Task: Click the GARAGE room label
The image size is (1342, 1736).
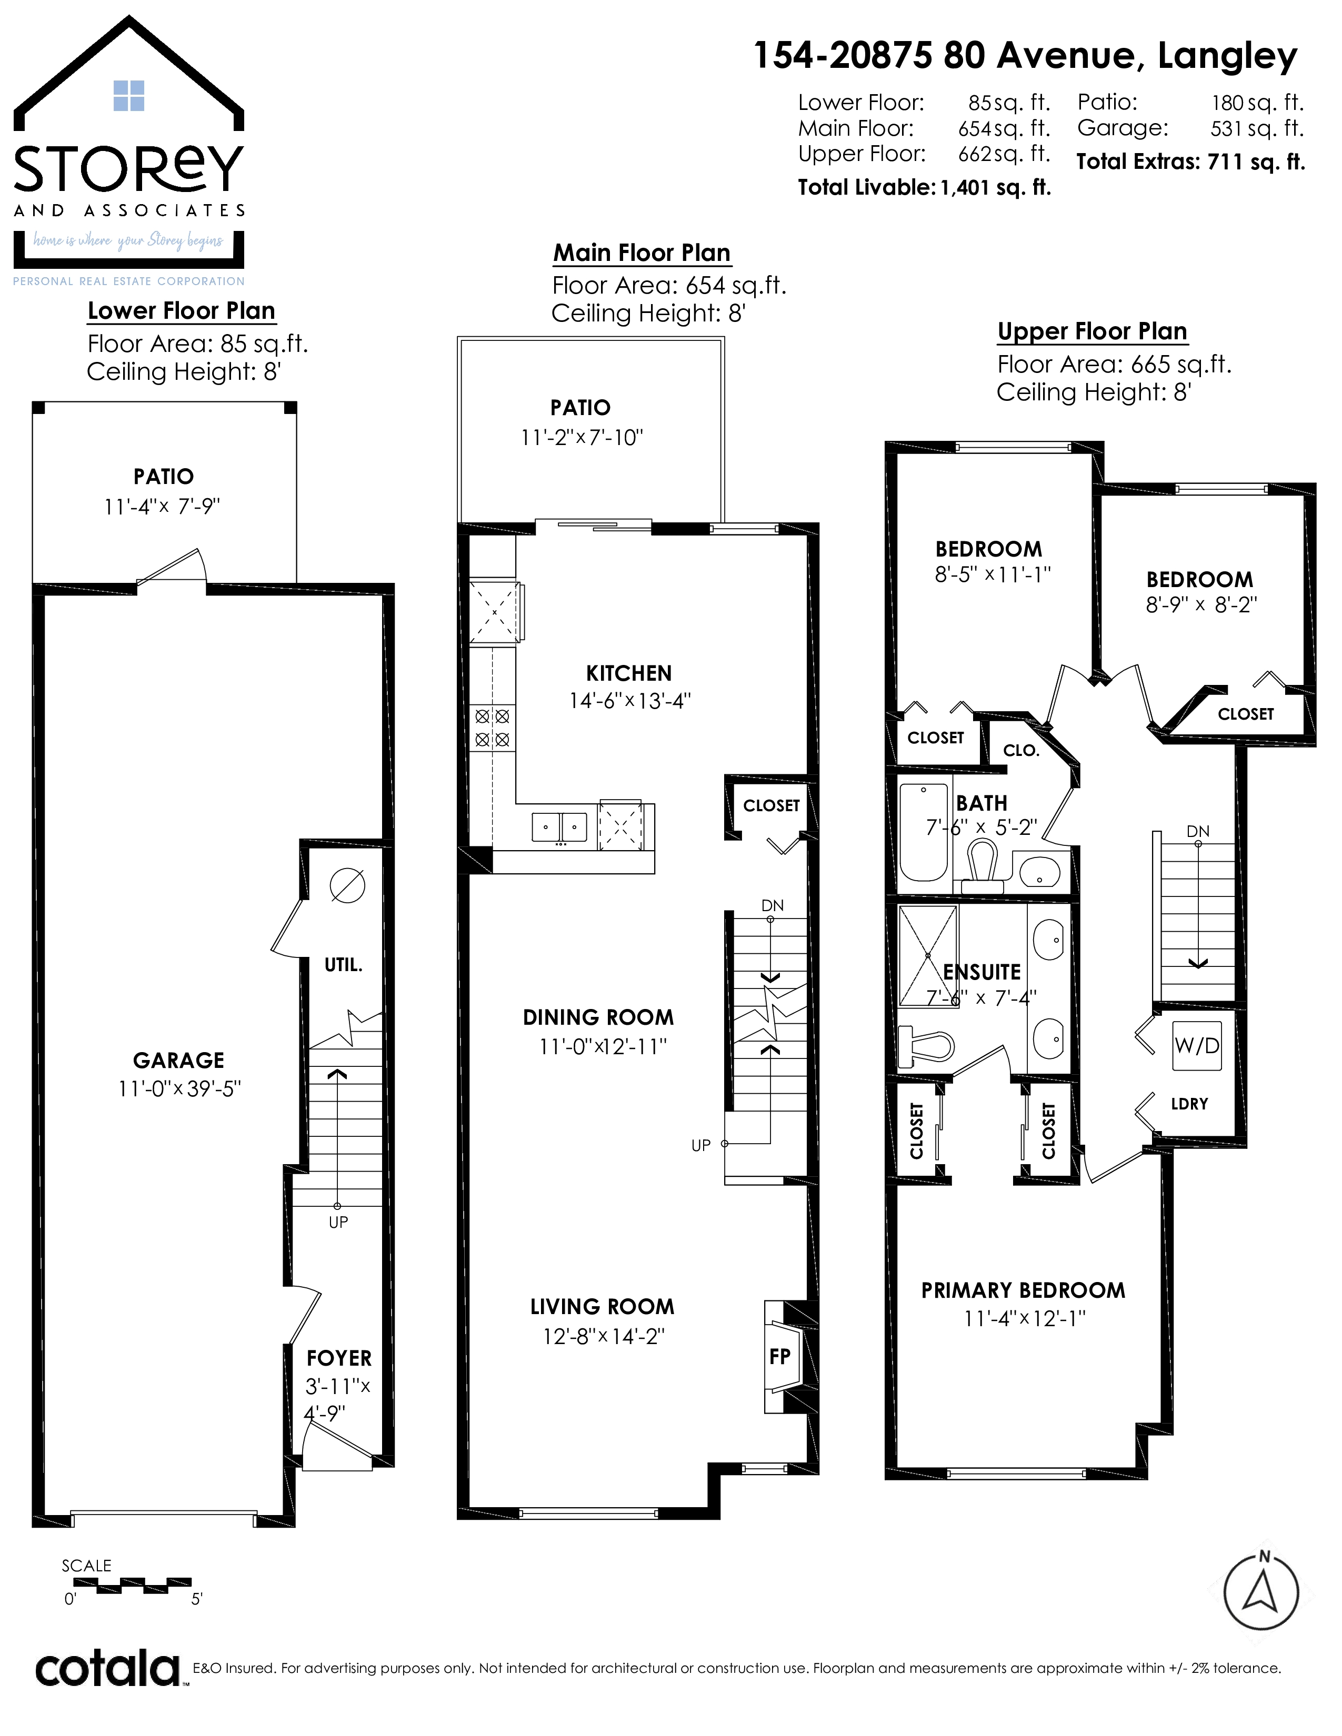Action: [x=179, y=1061]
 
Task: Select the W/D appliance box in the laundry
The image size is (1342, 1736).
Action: [x=1197, y=1046]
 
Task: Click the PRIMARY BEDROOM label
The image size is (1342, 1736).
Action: [x=1023, y=1289]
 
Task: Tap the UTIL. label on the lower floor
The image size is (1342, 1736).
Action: [x=344, y=965]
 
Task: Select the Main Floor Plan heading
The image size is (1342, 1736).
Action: [x=642, y=253]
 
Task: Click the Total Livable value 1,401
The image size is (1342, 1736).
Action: [x=966, y=188]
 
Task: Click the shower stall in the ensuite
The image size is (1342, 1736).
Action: [x=928, y=955]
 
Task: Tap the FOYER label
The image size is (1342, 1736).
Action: [x=339, y=1358]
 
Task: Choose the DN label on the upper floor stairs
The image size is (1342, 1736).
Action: [x=1198, y=831]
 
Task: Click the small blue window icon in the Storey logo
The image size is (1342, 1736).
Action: [x=129, y=95]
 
